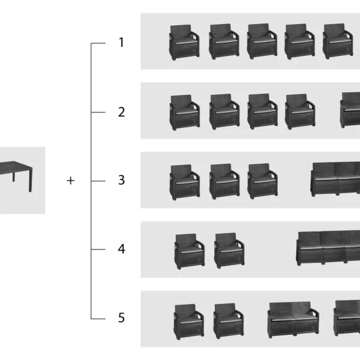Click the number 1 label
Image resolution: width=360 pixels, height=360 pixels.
[121, 43]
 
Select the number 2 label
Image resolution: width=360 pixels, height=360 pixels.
[121, 112]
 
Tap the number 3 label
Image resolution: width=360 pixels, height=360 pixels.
[121, 180]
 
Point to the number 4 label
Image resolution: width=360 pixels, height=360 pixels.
[121, 249]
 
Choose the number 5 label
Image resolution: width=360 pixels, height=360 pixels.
[121, 318]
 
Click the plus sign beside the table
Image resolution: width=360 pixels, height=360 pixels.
[71, 181]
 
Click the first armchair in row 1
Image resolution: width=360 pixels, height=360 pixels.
[184, 42]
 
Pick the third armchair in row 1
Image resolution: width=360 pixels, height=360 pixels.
[262, 41]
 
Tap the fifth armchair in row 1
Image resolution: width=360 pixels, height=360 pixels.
[338, 41]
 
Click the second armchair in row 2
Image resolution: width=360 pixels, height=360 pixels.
[224, 112]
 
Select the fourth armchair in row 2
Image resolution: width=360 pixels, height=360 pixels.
[300, 112]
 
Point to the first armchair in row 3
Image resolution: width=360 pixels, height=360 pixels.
[185, 182]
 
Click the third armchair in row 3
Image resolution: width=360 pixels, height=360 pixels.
[262, 181]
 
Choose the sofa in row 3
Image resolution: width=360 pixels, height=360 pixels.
[335, 179]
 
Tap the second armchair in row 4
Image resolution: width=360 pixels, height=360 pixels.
[229, 251]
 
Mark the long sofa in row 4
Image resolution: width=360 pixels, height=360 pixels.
[328, 248]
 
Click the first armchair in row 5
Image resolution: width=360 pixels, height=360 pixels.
[189, 322]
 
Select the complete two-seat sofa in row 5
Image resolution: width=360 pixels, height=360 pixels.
[293, 320]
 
